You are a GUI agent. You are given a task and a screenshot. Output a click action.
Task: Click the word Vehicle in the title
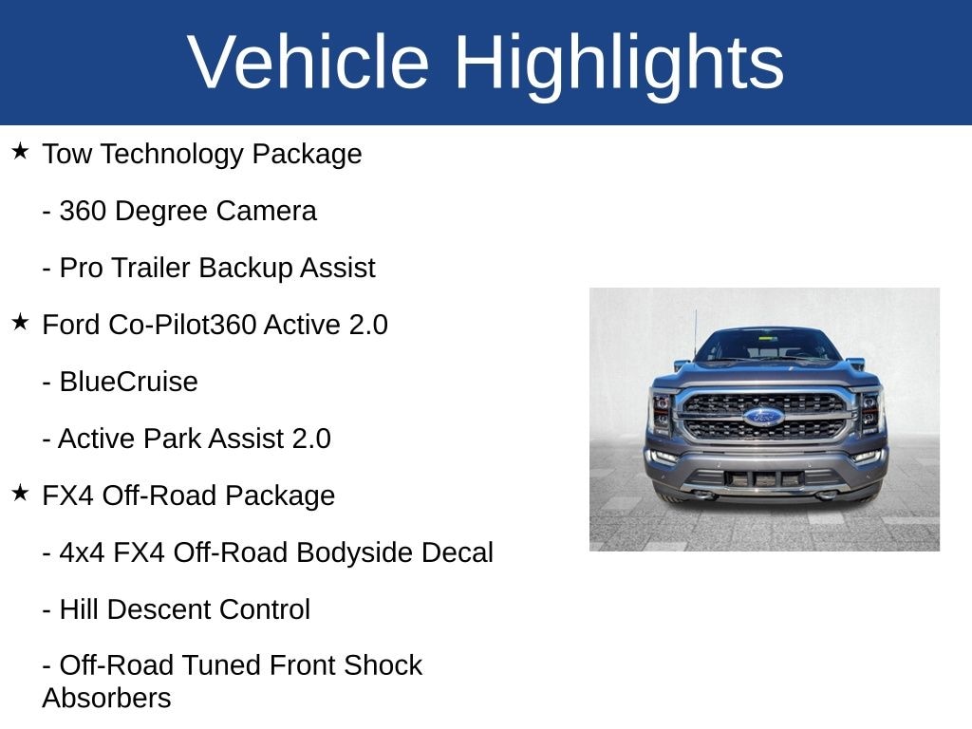tap(308, 62)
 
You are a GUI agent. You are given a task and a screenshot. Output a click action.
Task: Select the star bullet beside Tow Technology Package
tap(20, 151)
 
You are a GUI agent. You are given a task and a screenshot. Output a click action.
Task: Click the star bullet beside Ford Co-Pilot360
tap(20, 322)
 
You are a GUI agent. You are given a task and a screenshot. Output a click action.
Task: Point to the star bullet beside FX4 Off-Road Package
tap(20, 493)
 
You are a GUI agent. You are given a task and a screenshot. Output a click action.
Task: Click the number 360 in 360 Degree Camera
tap(83, 211)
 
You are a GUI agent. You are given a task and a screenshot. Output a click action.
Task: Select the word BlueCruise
tap(128, 382)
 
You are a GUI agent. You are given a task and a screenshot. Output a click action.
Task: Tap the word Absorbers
tap(106, 699)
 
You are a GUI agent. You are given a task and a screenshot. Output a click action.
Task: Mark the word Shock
tap(383, 665)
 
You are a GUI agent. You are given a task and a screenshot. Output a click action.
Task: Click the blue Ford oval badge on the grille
tap(764, 417)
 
